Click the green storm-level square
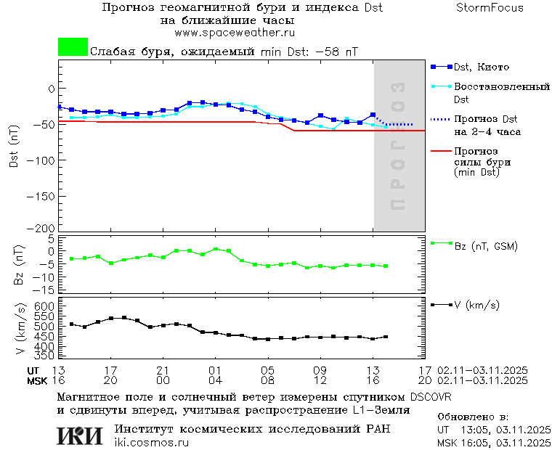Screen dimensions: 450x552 73,47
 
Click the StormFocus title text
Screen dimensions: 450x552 490,8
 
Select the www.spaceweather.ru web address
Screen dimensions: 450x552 234,33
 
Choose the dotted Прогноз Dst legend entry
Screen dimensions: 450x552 485,119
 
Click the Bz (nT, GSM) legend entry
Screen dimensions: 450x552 485,247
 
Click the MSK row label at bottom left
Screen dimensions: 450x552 37,380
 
